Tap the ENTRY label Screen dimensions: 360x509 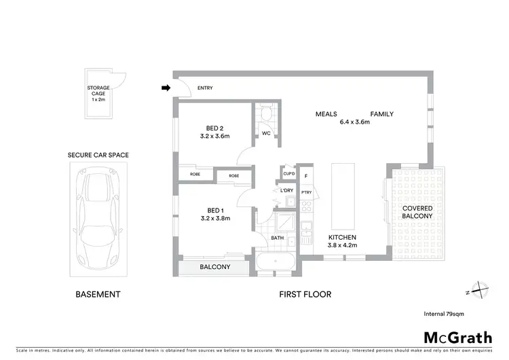(205, 88)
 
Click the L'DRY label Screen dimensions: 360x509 (286, 190)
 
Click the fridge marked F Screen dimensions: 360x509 (307, 177)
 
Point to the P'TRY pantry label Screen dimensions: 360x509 (306, 193)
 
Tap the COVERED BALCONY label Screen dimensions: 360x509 (417, 211)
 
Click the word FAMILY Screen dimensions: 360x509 (381, 114)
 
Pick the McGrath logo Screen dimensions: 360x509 (457, 338)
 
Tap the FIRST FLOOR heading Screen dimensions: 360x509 (305, 295)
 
